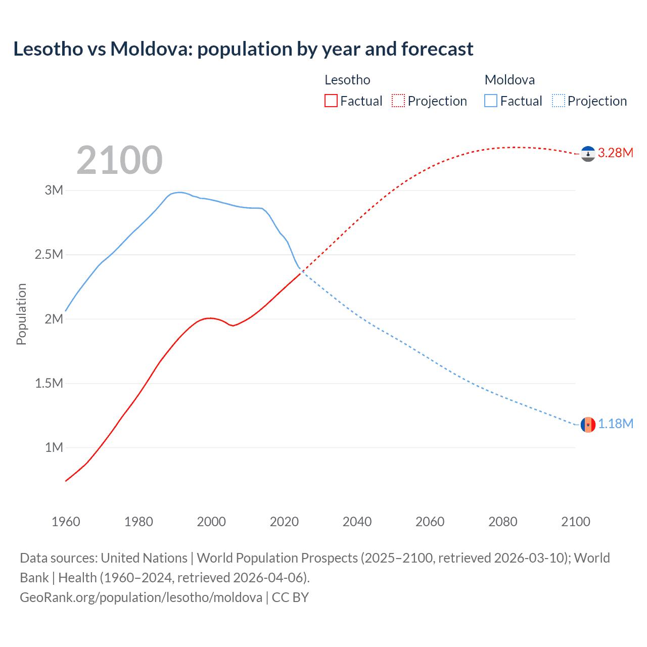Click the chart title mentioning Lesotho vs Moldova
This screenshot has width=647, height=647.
point(243,49)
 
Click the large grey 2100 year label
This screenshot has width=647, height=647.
point(119,160)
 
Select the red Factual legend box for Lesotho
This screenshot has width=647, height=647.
point(331,101)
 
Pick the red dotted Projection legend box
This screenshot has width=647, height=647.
point(398,101)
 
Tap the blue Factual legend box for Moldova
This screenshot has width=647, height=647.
point(491,101)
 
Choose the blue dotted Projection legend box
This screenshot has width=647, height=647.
point(559,101)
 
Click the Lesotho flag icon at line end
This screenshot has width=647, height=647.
point(588,154)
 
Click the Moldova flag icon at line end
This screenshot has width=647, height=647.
point(588,425)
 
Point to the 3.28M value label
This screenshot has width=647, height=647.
point(616,153)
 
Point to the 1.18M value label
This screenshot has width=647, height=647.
point(616,424)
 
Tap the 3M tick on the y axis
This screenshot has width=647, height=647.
point(54,190)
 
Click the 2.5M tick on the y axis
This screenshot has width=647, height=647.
point(49,254)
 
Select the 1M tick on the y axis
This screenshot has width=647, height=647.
point(54,447)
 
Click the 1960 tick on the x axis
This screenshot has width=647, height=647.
point(66,522)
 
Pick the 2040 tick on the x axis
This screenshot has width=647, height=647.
point(357,522)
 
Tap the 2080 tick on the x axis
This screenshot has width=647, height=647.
point(502,522)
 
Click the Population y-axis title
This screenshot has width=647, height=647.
point(21,314)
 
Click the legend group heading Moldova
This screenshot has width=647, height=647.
point(510,80)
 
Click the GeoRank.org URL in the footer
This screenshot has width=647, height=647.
point(141,597)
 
